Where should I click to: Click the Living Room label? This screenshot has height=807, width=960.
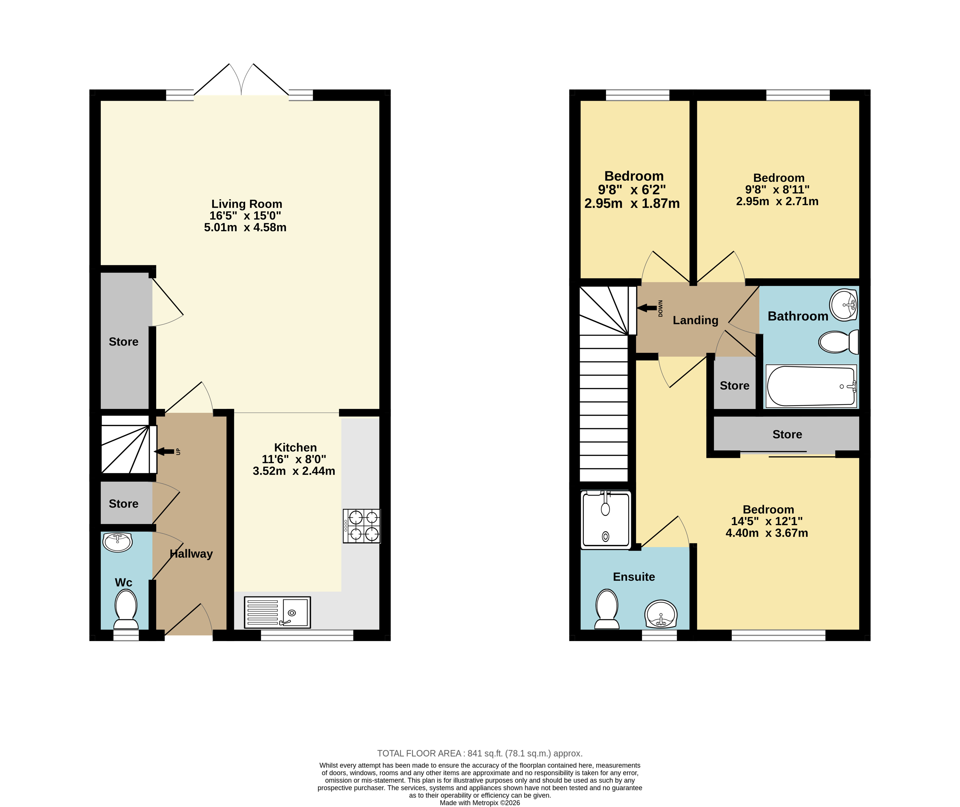[x=247, y=204]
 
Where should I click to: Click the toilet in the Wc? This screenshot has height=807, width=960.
[x=126, y=609]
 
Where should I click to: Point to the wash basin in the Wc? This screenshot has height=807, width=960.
[x=118, y=542]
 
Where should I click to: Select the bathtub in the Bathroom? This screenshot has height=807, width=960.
[x=811, y=386]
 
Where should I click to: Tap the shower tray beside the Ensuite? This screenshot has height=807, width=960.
[x=606, y=519]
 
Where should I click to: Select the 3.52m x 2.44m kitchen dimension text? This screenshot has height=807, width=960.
[x=294, y=471]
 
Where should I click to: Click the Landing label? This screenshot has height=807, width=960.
[x=695, y=320]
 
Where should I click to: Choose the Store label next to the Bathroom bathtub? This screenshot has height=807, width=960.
[x=734, y=386]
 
